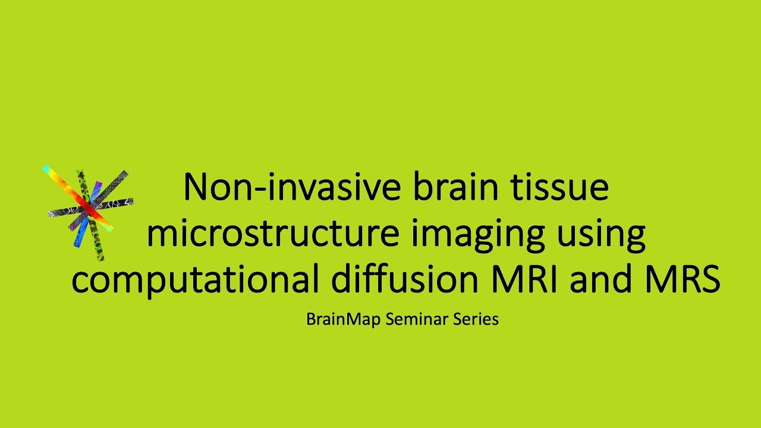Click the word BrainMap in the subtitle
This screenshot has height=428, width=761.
point(344,319)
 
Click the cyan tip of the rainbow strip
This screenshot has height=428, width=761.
point(46,169)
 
